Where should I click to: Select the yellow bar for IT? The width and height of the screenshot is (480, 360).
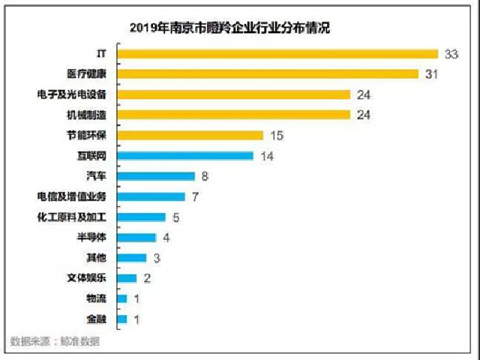tap(277, 53)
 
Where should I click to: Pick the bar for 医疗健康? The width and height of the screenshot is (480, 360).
tap(268, 73)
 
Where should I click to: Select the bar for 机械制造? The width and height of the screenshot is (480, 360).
tap(234, 115)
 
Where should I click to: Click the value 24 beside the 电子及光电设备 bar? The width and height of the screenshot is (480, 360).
tap(363, 94)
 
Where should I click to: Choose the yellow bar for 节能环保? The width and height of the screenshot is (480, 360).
tap(190, 135)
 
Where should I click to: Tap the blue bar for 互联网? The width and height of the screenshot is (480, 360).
tap(185, 155)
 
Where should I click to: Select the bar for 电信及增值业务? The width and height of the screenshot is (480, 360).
tap(151, 196)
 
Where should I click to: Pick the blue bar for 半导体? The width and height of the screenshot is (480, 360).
tap(137, 238)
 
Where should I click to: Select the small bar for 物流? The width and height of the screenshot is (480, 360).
tap(122, 298)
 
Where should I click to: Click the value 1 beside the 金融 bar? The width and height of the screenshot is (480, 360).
tap(136, 319)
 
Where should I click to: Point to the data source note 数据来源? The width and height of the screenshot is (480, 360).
tap(55, 342)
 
